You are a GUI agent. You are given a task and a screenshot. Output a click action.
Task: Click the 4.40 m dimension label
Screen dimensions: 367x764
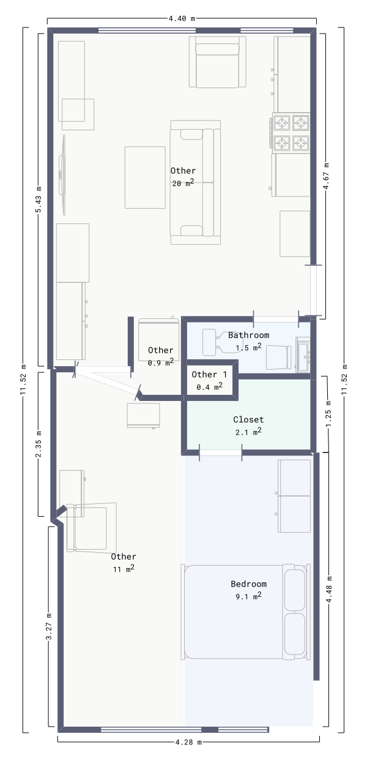tap(182, 18)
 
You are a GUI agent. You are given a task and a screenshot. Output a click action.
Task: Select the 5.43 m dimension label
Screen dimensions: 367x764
tap(39, 200)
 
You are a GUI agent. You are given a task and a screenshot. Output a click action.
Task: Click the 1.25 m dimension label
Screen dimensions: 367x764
tap(328, 414)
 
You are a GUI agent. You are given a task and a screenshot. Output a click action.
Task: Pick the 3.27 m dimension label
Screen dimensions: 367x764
tap(49, 626)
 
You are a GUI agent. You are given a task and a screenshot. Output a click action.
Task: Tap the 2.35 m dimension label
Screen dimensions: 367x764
tap(39, 444)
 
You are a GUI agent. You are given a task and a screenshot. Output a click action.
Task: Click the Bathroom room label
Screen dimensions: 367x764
tap(248, 335)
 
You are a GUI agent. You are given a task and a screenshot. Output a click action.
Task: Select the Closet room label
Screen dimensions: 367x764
tap(248, 419)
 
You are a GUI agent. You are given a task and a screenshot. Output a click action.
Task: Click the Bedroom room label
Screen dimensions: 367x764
tap(249, 584)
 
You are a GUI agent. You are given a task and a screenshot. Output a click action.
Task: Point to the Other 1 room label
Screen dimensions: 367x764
tap(209, 375)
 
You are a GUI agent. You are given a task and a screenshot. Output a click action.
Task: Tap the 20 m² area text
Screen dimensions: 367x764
tap(183, 183)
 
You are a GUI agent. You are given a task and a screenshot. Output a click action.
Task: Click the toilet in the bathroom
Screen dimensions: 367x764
tap(222, 342)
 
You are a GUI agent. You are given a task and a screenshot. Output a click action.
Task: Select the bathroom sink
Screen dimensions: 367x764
tap(303, 354)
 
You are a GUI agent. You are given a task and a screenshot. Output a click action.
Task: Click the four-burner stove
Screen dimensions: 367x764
tap(291, 133)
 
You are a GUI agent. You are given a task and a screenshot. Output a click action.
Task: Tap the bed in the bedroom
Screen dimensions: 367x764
tap(245, 612)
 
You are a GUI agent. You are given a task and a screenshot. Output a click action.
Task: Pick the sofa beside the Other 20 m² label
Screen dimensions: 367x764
tap(196, 182)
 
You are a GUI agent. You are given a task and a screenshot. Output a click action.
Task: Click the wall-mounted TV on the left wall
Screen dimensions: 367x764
tap(62, 174)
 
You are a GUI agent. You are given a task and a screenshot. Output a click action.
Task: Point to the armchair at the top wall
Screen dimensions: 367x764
tap(217, 62)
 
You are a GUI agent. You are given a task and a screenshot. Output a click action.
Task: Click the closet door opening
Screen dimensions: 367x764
tap(220, 453)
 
